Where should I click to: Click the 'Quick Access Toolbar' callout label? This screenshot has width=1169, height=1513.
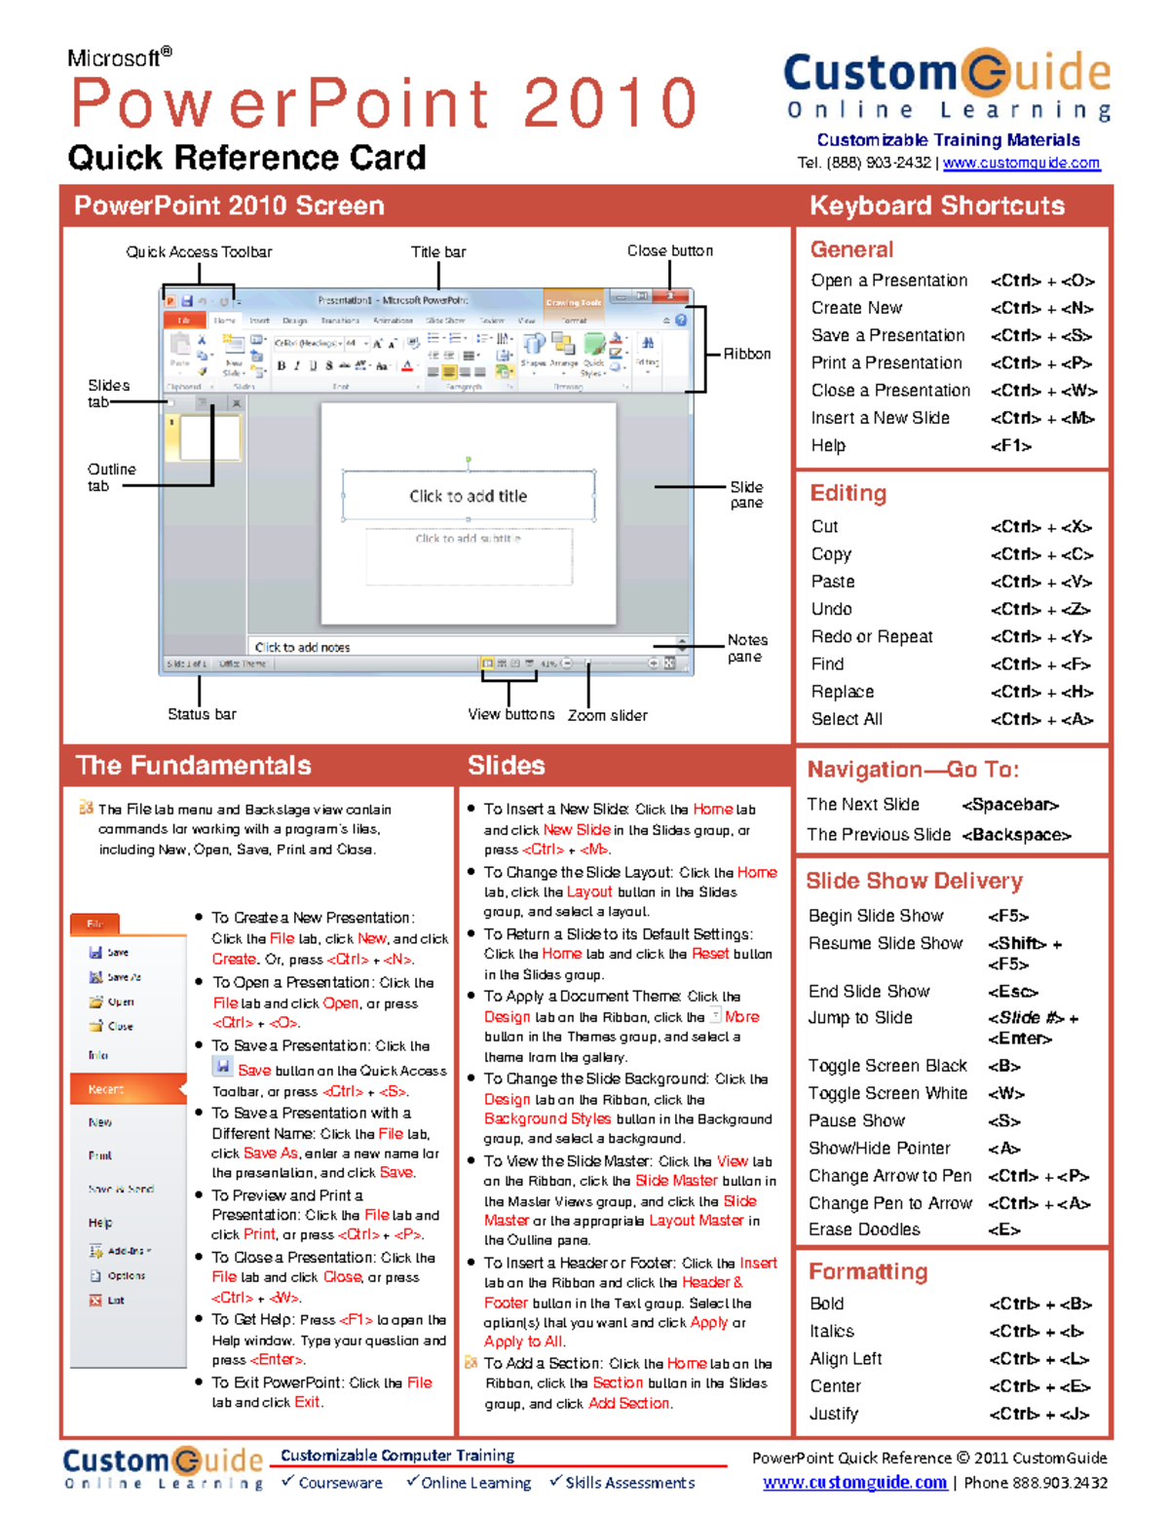[199, 252]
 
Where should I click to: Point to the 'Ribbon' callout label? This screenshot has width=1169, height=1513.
[746, 354]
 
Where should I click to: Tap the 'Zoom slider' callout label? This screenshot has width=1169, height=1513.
[607, 715]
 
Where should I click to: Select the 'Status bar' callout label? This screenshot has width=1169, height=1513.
[202, 714]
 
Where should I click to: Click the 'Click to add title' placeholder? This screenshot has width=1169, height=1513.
[468, 496]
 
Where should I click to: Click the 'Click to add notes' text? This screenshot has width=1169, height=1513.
[302, 647]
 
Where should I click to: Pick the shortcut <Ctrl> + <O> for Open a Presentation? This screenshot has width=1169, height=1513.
[1042, 281]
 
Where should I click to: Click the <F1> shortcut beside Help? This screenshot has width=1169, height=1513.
[1010, 445]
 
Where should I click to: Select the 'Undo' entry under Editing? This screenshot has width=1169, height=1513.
[831, 609]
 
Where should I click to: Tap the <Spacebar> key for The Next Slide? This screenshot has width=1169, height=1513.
[1010, 805]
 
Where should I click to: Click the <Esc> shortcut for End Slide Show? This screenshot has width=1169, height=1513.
[1012, 991]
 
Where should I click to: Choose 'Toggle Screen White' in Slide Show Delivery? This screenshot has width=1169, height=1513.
[887, 1093]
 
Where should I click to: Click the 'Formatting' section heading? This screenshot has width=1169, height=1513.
[868, 1271]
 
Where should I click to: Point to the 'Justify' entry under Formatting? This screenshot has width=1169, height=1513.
[834, 1414]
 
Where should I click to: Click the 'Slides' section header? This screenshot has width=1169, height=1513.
[506, 766]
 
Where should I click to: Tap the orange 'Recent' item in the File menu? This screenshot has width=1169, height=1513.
[107, 1089]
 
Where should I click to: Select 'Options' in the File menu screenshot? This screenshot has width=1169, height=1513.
[126, 1275]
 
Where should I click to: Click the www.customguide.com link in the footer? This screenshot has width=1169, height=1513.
[854, 1483]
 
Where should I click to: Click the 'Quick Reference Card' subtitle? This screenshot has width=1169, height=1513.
[246, 158]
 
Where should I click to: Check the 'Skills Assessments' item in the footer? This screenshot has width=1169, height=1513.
[629, 1483]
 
